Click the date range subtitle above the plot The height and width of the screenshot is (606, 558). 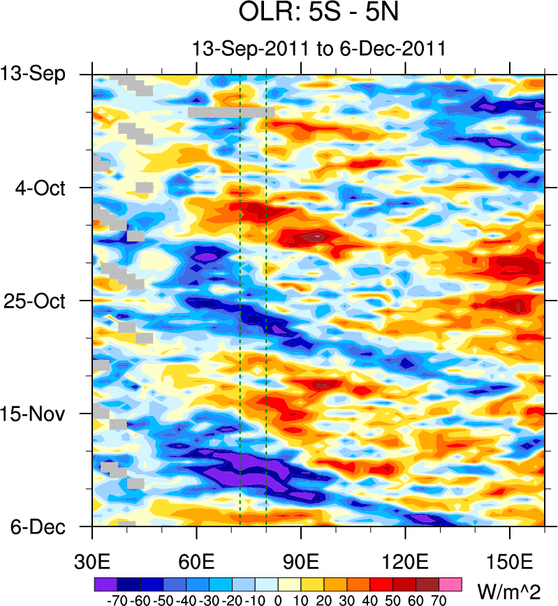pos(318,49)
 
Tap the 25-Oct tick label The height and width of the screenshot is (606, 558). pos(41,301)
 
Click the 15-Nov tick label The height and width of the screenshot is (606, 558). pos(41,414)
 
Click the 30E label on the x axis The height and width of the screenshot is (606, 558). pos(93,562)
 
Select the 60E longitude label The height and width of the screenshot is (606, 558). pos(197,562)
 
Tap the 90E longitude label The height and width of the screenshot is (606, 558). pos(301,562)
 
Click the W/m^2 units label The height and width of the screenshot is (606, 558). pos(509,592)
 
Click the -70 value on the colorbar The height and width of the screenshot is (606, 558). pos(117,600)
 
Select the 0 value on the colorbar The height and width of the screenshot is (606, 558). pos(278,600)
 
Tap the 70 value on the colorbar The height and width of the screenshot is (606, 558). pos(439,600)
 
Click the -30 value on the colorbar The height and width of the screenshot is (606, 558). pos(209,600)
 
